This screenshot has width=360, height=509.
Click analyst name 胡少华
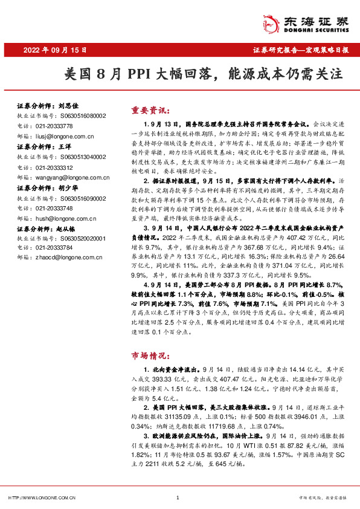71,187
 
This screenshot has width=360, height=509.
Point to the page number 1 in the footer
177,498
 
